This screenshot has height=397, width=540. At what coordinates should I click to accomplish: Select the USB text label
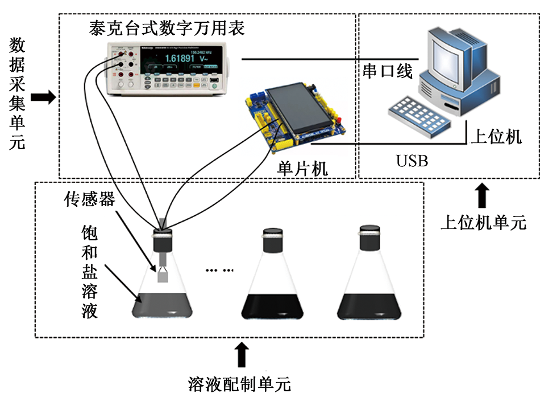412,161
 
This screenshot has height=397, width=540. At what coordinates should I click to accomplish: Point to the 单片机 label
302,169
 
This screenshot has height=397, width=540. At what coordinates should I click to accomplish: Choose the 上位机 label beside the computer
496,137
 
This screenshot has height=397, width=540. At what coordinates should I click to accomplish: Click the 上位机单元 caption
483,223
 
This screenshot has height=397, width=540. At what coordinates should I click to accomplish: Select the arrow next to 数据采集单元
43,98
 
